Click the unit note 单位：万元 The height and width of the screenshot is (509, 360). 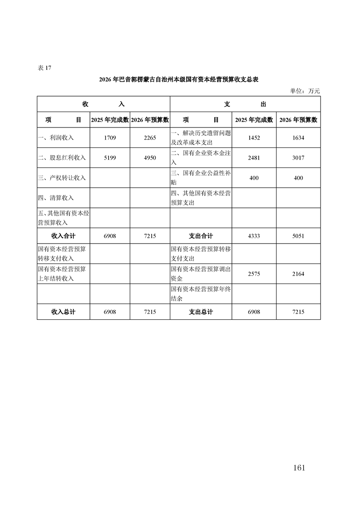[305, 91]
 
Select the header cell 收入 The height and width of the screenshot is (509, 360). [103, 104]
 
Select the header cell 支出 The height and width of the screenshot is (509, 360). [245, 104]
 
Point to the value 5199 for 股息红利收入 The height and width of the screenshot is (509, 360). [110, 158]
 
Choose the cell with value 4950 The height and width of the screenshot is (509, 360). [150, 158]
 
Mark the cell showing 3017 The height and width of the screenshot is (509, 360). [298, 158]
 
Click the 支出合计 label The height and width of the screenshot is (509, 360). [201, 236]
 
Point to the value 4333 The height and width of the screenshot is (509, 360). [254, 236]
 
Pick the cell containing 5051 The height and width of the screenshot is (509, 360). [298, 236]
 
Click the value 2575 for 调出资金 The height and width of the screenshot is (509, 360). [254, 274]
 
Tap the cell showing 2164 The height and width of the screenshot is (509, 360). [298, 274]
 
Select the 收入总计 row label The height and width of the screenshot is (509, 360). [63, 312]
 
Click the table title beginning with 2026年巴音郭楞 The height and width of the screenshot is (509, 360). [179, 79]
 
